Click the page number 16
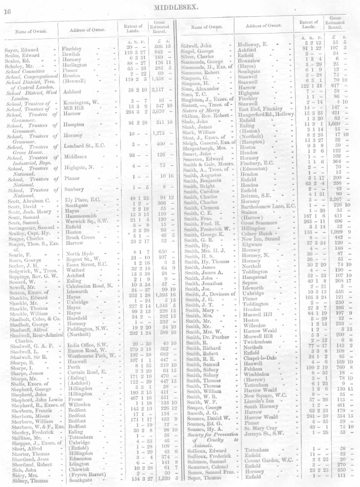7,11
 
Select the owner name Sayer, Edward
21,50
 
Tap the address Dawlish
72,55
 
